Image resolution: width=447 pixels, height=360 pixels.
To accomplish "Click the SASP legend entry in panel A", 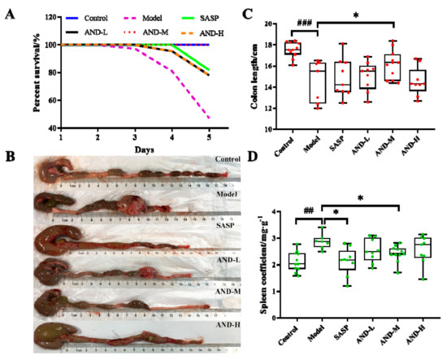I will tap(219, 16).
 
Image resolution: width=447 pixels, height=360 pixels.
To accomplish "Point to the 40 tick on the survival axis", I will tap(53, 128).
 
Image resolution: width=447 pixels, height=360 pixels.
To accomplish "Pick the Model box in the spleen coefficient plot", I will tap(323, 242).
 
